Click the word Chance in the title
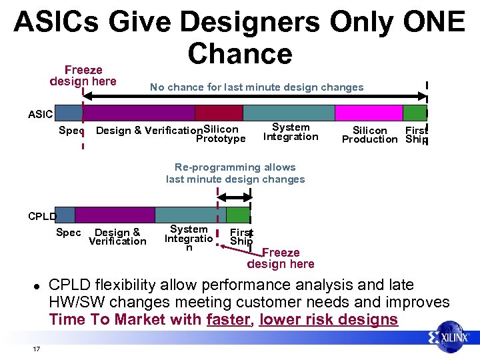pyautogui.click(x=240, y=53)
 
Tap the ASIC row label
pyautogui.click(x=40, y=114)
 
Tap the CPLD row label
pyautogui.click(x=42, y=215)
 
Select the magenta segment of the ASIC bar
pyautogui.click(x=369, y=113)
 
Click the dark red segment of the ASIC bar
pyautogui.click(x=219, y=113)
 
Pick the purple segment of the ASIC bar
pyautogui.click(x=139, y=113)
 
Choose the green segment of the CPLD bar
pyautogui.click(x=237, y=215)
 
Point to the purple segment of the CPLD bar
pyautogui.click(x=115, y=215)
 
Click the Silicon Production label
pyautogui.click(x=369, y=135)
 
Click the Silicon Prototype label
pyautogui.click(x=221, y=134)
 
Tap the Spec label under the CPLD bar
pyautogui.click(x=68, y=233)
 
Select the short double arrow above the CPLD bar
pyautogui.click(x=233, y=197)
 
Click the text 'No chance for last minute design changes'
pyautogui.click(x=257, y=87)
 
